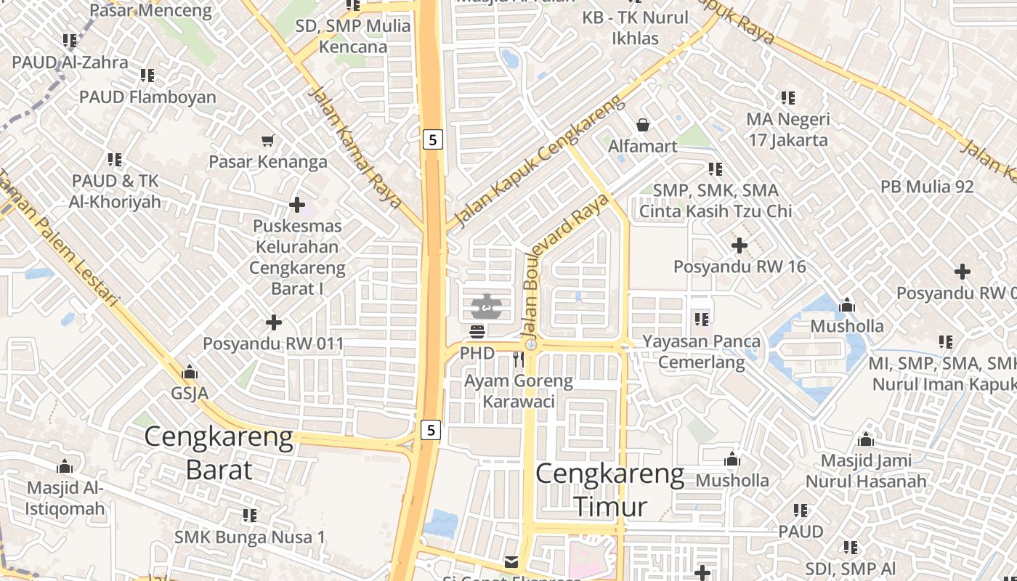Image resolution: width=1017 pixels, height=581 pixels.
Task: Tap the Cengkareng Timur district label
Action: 610,490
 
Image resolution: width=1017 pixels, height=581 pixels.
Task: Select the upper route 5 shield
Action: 432,139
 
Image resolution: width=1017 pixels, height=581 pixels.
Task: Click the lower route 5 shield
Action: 431,430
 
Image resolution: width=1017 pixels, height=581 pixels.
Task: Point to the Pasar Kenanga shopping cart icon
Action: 268,140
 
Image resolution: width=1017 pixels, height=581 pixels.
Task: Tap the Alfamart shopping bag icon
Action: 642,126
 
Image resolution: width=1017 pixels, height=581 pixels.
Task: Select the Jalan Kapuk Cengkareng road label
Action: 538,161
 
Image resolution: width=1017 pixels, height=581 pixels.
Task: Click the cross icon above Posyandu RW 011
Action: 274,322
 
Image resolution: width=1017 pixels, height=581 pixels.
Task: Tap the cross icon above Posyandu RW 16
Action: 739,245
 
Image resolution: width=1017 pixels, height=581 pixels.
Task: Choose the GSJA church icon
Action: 190,373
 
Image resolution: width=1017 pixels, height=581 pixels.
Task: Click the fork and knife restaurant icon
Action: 518,359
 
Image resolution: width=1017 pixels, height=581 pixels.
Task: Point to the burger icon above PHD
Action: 477,333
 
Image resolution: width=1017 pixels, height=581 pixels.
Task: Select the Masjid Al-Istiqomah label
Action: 65,498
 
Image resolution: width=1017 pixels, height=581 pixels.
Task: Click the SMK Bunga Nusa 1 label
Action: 250,537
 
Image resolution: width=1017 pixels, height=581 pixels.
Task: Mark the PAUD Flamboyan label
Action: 147,97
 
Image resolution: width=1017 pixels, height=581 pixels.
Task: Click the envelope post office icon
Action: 511,561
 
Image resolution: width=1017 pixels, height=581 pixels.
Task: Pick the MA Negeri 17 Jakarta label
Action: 788,129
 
